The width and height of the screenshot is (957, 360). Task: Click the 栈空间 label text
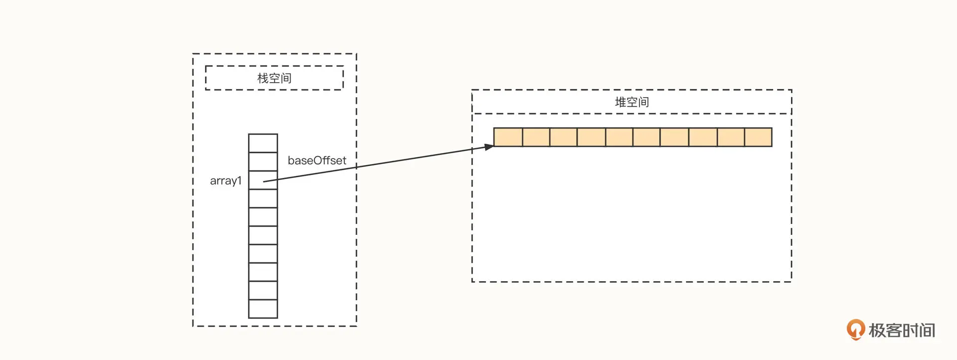click(x=274, y=78)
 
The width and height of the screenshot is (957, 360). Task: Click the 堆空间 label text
click(x=632, y=102)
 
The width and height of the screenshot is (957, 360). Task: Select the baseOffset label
click(x=317, y=161)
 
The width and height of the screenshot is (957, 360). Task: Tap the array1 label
click(x=225, y=180)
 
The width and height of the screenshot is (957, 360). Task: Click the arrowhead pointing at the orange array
click(x=489, y=147)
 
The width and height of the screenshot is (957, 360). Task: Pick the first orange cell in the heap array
click(x=508, y=137)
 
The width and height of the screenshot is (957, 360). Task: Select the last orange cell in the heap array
click(x=758, y=137)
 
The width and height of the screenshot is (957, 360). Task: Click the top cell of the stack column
click(x=263, y=143)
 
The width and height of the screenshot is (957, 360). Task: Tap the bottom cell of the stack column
click(x=263, y=309)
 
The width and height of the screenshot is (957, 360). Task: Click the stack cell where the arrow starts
click(x=263, y=180)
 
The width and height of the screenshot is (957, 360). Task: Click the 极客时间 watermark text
click(x=902, y=330)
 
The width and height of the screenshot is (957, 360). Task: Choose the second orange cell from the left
click(x=536, y=137)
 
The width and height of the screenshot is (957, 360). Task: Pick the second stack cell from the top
click(x=263, y=162)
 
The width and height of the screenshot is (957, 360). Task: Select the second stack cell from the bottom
click(x=263, y=290)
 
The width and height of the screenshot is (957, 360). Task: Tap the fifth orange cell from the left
click(x=619, y=137)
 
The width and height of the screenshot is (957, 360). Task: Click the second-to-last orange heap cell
click(x=731, y=137)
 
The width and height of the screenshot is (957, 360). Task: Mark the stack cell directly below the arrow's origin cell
click(x=263, y=198)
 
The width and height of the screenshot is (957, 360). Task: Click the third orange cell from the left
click(x=563, y=137)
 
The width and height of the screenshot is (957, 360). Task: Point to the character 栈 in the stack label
click(x=263, y=78)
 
